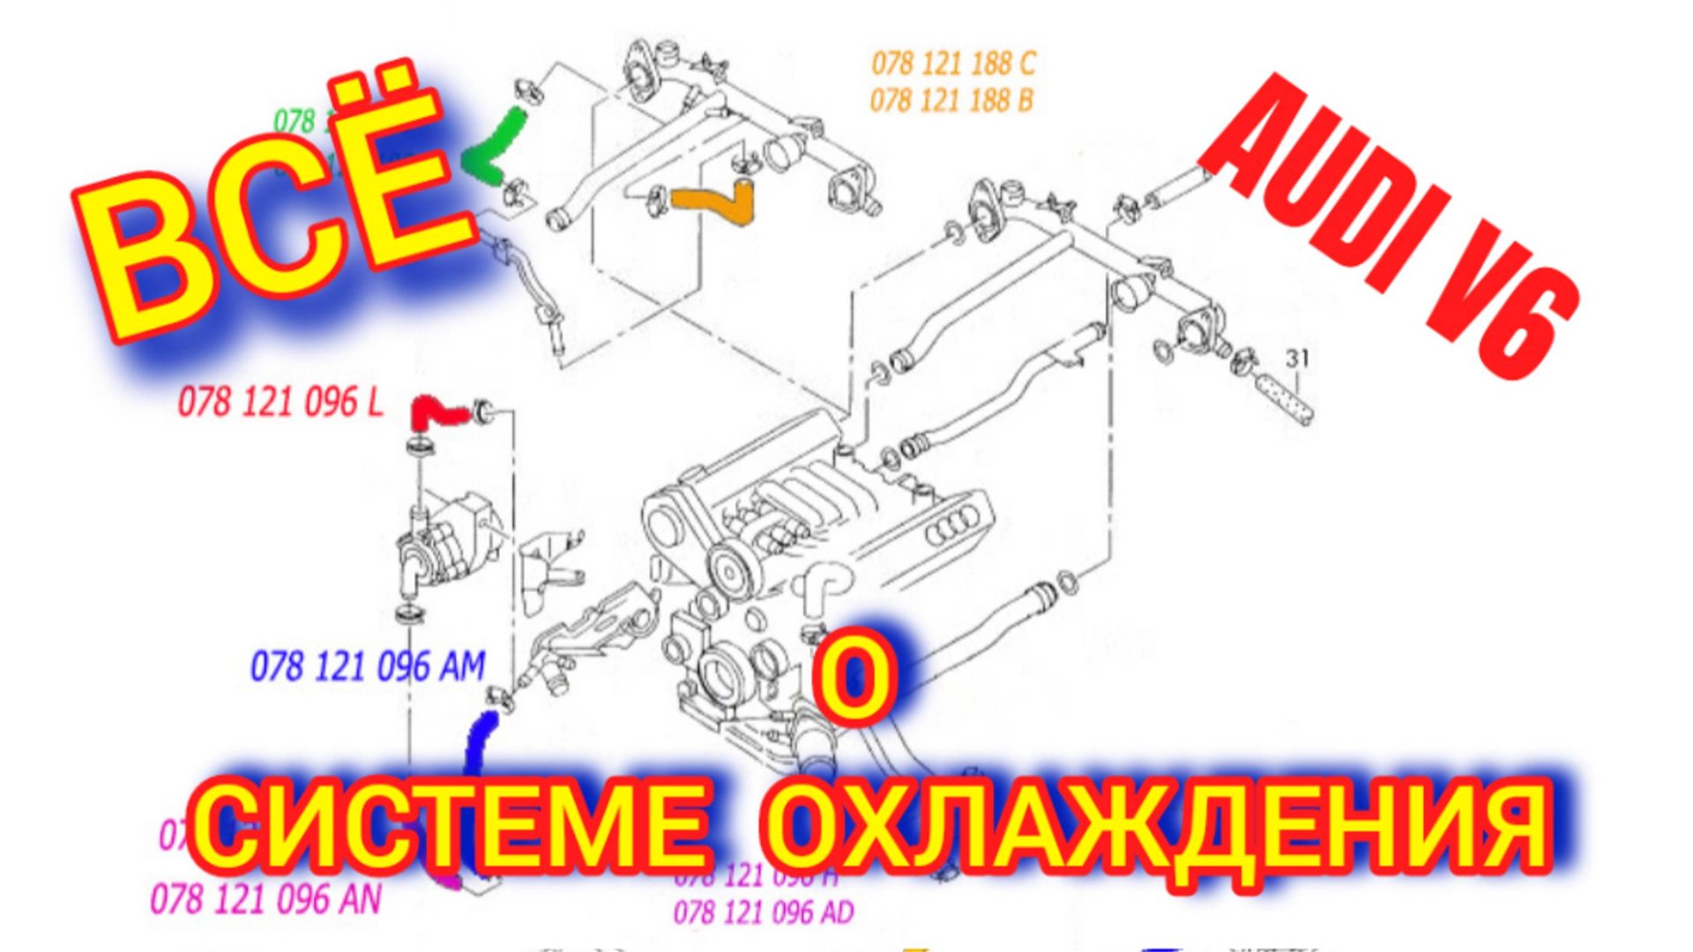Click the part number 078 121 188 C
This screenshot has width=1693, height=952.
click(953, 63)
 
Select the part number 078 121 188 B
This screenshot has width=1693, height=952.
click(951, 100)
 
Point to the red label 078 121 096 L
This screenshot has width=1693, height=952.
click(280, 403)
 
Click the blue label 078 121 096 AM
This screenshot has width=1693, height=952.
click(368, 666)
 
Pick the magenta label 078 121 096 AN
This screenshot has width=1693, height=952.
click(265, 900)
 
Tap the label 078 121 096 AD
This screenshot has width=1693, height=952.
click(764, 912)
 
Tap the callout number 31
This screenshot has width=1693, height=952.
click(1297, 359)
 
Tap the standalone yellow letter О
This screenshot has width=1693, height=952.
click(854, 679)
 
